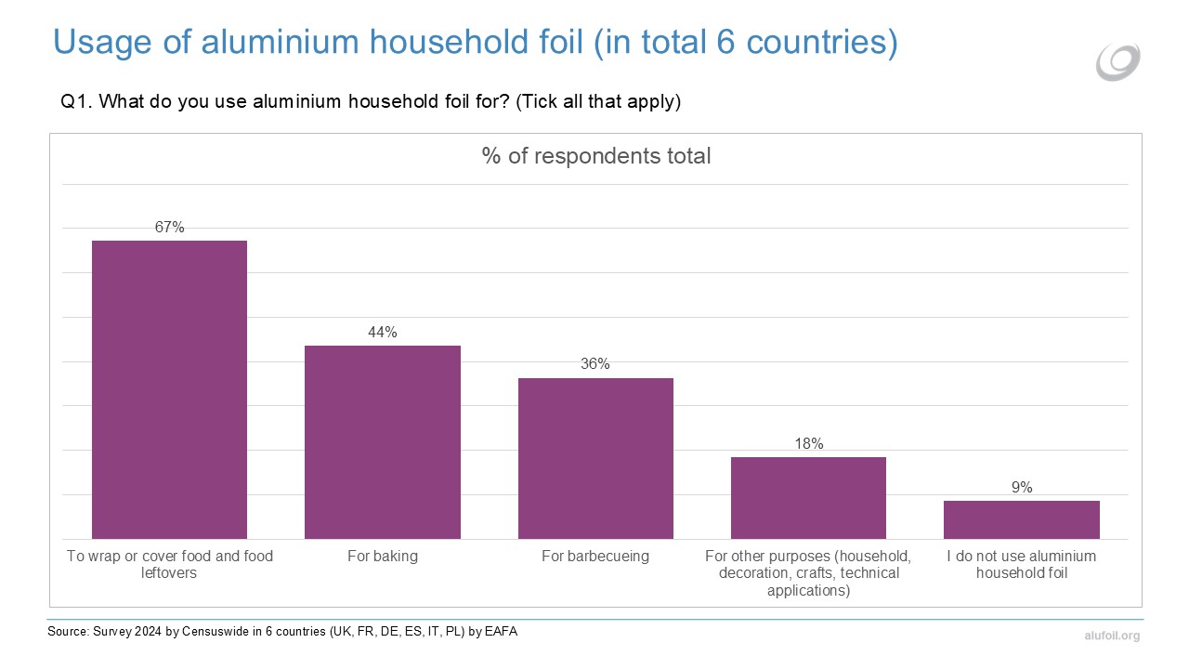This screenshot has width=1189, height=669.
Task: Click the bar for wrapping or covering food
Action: pos(169,389)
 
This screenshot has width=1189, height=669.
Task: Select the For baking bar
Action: pos(383,441)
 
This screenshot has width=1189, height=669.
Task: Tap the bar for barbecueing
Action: pos(595,458)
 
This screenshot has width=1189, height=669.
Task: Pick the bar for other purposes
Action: pos(808,497)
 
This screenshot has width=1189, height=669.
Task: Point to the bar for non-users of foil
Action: pos(1021,519)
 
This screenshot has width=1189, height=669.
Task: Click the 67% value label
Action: pos(170,227)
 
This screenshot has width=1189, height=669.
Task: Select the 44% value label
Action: pos(383,332)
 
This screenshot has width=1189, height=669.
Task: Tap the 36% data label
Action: pos(595,364)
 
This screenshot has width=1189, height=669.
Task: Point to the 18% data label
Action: pos(808,443)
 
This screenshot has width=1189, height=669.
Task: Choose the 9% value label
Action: pos(1022,487)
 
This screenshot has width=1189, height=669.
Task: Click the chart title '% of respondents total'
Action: pos(596,156)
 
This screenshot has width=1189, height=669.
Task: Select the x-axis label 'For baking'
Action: pos(383,557)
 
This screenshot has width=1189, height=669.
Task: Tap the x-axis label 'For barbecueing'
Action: pos(595,557)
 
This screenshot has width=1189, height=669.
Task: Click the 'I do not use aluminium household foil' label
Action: pos(1022,565)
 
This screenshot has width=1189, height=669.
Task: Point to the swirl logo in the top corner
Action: pos(1117,61)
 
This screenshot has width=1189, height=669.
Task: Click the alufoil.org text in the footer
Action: pos(1111,636)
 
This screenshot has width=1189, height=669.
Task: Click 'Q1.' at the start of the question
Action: pos(74,102)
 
